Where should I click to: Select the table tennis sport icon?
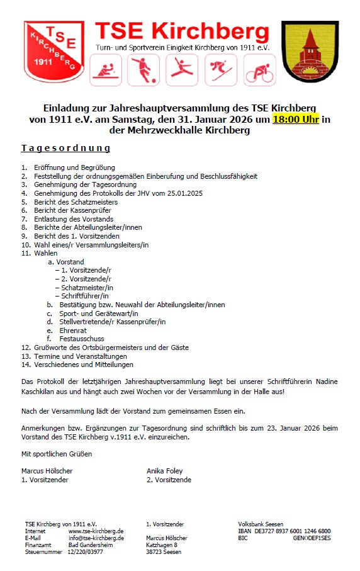coord(105,69)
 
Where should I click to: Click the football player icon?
coord(143,69)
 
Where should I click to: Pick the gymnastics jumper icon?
coord(182,69)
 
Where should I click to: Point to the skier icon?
coord(220,69)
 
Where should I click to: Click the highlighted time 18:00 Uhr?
coord(296,119)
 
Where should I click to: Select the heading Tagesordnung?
coord(65,149)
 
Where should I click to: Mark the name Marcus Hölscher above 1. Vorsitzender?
coord(47,470)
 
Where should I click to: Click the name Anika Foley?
coord(164,470)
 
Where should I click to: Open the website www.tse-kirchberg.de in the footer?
coord(96,531)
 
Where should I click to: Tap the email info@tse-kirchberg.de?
coord(96,538)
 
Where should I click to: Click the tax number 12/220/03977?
coord(86,552)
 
